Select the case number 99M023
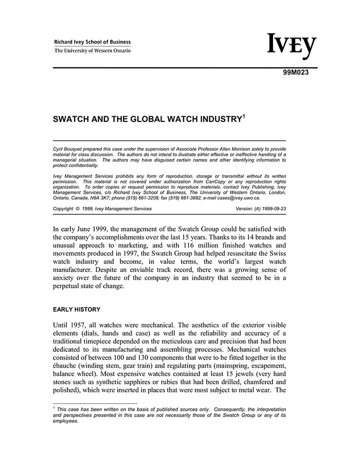click(x=296, y=73)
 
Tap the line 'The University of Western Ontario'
click(x=93, y=51)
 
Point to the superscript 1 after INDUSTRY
click(x=243, y=116)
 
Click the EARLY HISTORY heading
click(x=77, y=310)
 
